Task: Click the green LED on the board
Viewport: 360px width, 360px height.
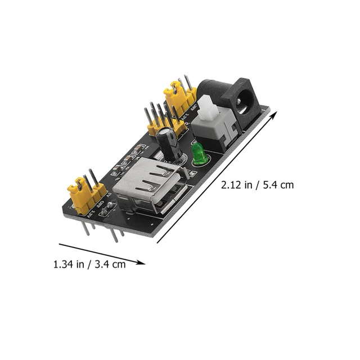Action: point(198,155)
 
